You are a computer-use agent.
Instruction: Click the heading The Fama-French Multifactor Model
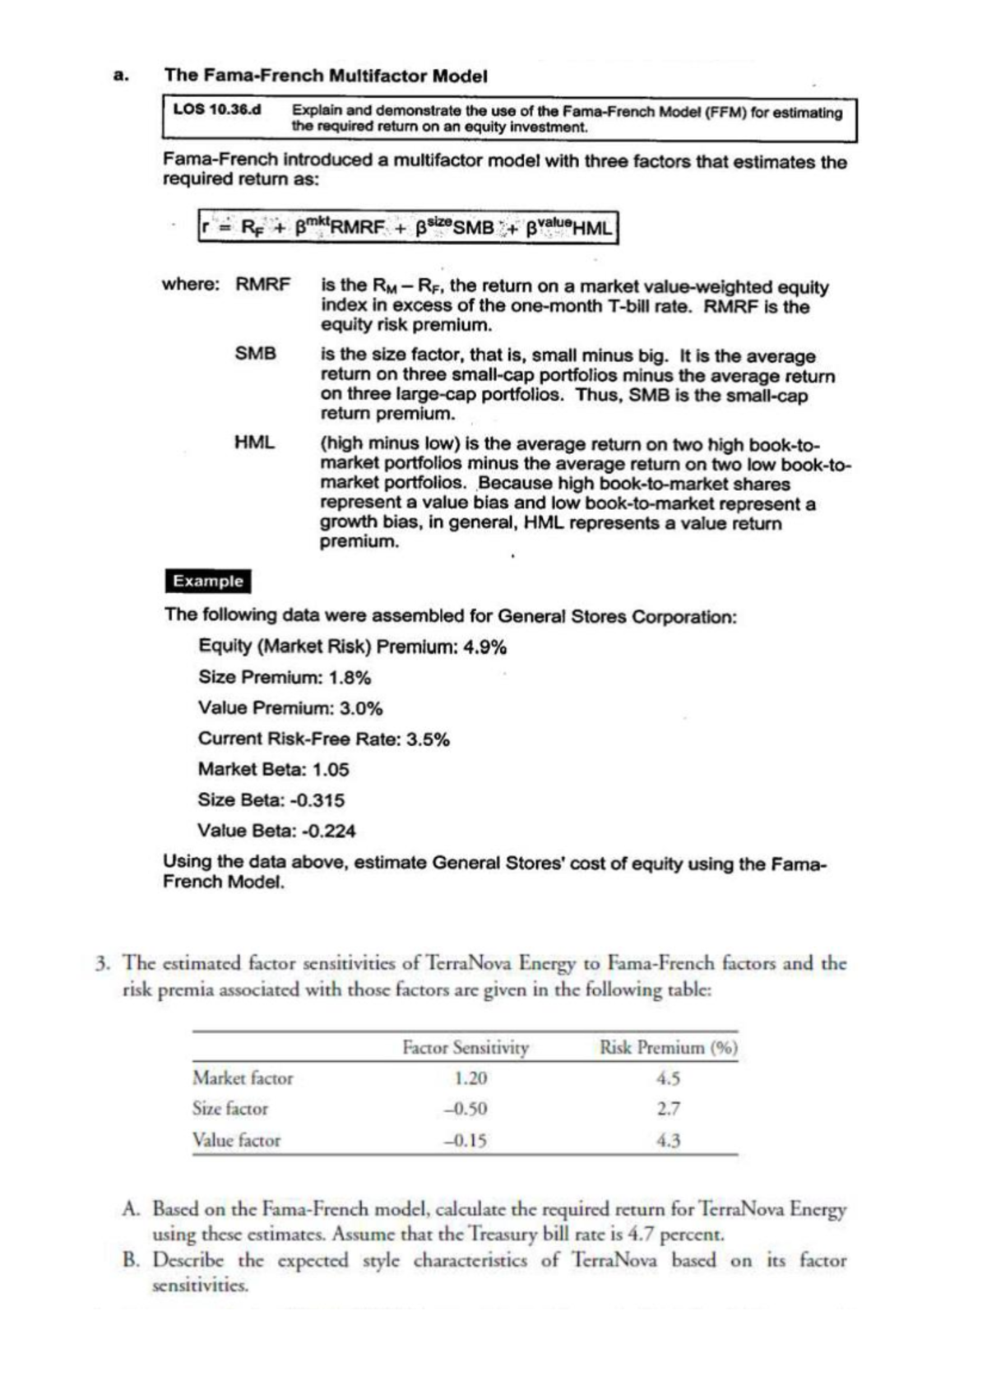[326, 76]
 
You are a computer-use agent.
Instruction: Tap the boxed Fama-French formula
[408, 228]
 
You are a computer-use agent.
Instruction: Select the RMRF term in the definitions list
[263, 285]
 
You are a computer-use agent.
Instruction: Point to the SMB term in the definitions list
[256, 354]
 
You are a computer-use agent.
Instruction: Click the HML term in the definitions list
[254, 443]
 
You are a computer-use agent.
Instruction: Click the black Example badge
[208, 581]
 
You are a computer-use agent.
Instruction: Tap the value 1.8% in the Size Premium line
[350, 678]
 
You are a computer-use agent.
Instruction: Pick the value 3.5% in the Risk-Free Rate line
[429, 739]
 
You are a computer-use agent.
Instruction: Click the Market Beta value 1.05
[331, 770]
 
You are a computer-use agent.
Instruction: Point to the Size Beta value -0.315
[317, 800]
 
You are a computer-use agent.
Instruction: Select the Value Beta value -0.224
[327, 831]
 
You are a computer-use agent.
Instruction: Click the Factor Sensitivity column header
[466, 1048]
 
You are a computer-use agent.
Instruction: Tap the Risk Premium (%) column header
[668, 1048]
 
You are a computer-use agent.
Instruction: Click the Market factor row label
[243, 1078]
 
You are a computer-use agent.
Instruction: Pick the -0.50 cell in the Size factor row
[466, 1109]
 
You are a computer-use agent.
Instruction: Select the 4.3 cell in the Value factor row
[669, 1141]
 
